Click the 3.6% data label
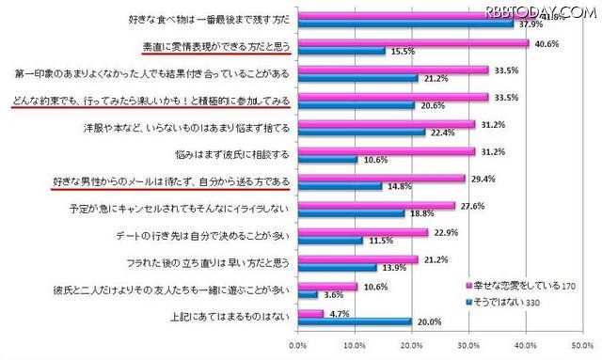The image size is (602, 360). tap(331, 295)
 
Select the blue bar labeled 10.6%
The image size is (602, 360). tap(327, 159)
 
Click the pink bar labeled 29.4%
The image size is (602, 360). tap(381, 178)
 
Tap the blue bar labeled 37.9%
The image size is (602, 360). tap(405, 24)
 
